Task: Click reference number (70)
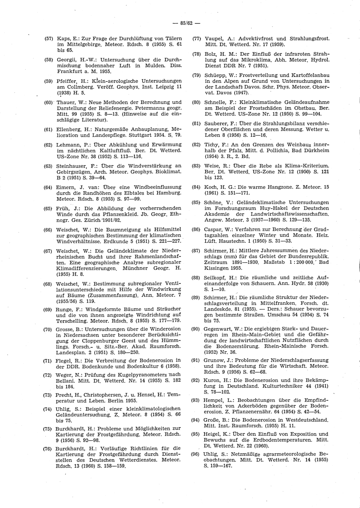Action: coord(48,330)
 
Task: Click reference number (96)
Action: coord(195,454)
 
